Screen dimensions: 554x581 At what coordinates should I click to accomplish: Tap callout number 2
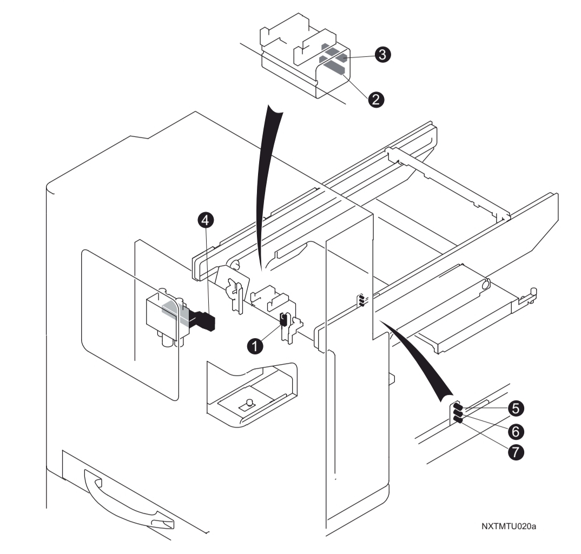(x=378, y=98)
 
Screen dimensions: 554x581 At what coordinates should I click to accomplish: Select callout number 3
(x=384, y=54)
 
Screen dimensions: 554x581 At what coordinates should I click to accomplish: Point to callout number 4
(x=205, y=219)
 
